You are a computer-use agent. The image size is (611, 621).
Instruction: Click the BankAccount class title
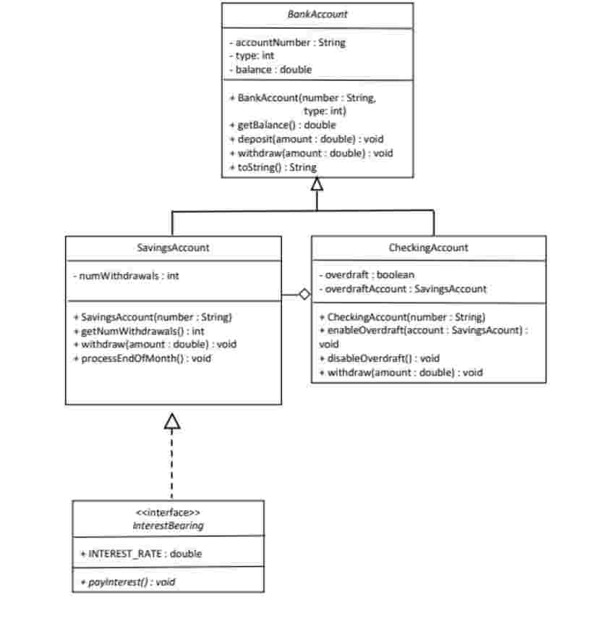click(317, 14)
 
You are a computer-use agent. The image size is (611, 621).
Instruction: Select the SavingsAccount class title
click(173, 248)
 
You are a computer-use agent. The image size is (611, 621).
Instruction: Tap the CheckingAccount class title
click(428, 248)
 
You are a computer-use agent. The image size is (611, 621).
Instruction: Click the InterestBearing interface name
click(168, 526)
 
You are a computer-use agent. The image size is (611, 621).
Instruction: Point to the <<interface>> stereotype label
click(168, 512)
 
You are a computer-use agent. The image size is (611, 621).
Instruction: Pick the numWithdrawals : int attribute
click(126, 276)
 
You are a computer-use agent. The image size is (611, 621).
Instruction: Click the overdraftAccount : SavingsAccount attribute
click(402, 289)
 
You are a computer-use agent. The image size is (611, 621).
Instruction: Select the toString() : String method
click(273, 167)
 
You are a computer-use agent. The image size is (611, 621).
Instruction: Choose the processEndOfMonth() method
click(142, 358)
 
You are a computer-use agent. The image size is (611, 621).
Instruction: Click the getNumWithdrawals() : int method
click(139, 331)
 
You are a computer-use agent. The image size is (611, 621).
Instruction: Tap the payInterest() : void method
click(127, 581)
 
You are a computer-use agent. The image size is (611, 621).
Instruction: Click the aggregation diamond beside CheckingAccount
click(304, 295)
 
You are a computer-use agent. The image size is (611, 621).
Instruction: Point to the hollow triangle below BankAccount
click(317, 185)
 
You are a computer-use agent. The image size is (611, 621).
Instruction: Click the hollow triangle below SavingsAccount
click(172, 421)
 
